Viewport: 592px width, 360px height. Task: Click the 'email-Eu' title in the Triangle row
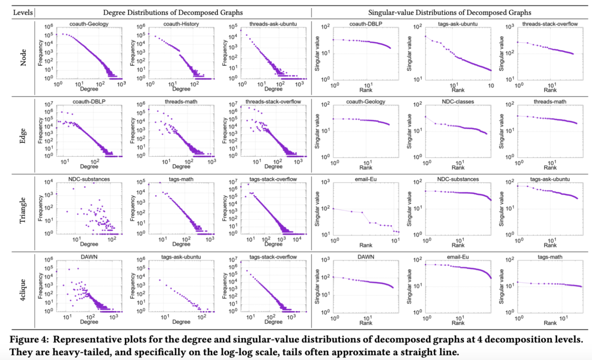358,179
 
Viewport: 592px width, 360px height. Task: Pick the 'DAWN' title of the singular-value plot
358,256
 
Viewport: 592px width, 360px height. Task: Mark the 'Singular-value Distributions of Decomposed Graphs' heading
451,12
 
